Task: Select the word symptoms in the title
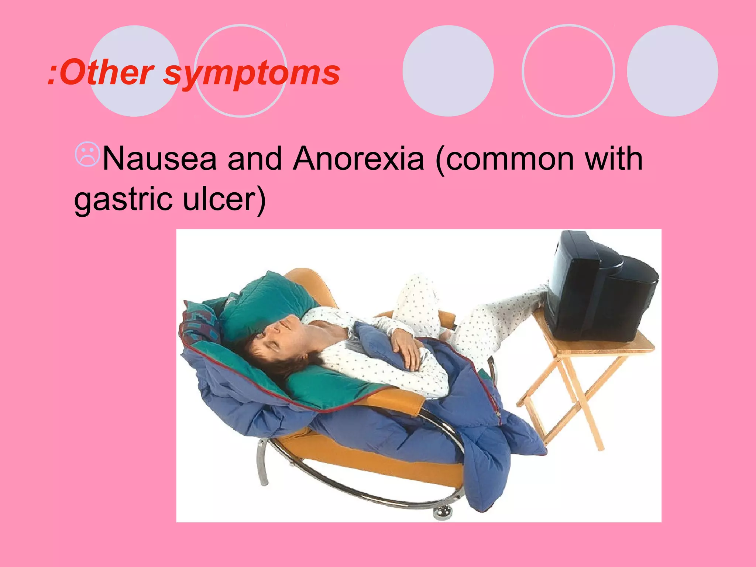click(x=251, y=73)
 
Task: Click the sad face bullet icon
click(x=87, y=154)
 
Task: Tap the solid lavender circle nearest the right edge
click(x=672, y=71)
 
